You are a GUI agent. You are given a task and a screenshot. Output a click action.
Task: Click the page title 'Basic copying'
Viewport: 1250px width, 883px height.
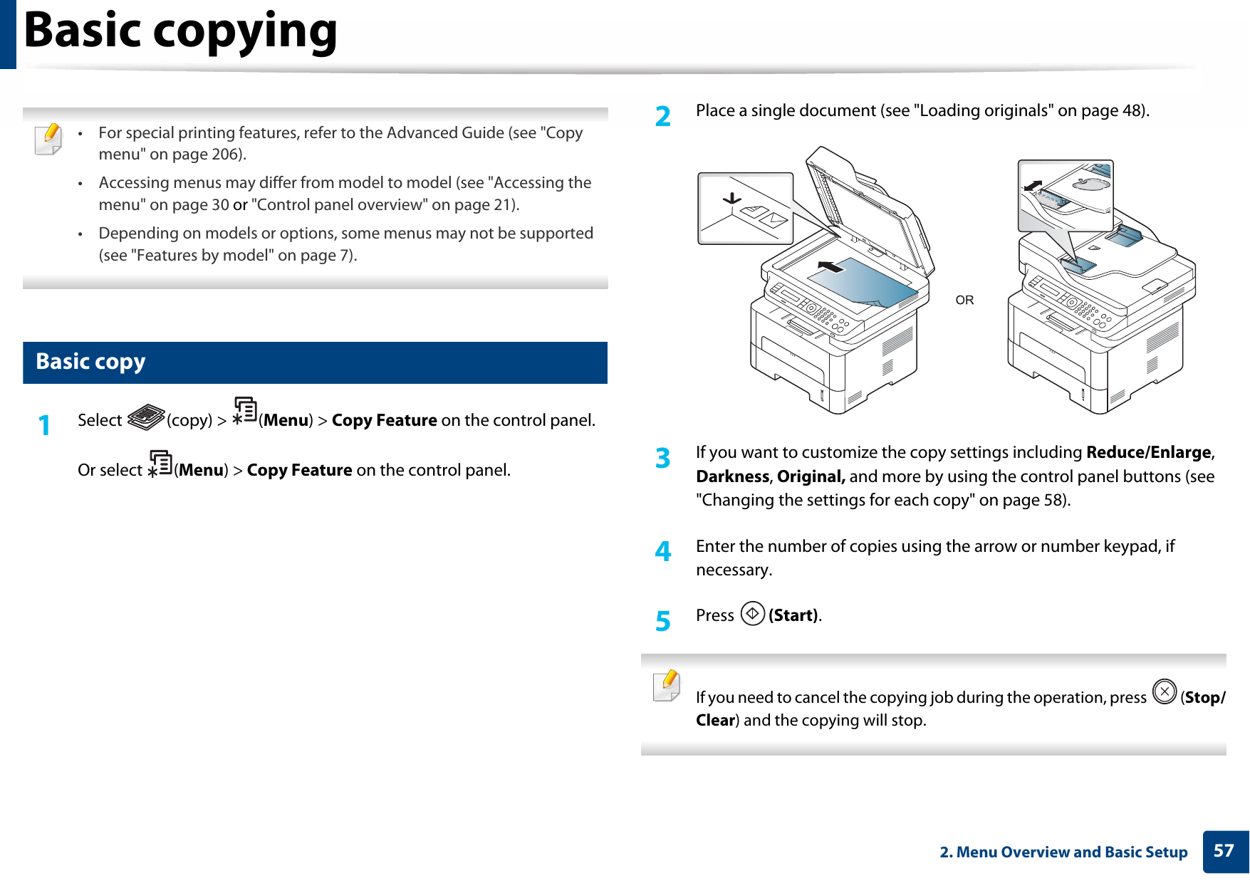180,32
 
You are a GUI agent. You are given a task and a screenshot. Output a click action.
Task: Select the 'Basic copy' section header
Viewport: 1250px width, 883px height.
90,362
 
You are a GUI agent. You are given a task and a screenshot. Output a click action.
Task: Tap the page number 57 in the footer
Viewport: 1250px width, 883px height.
1224,851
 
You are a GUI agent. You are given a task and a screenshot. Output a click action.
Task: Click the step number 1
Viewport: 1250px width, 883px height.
45,426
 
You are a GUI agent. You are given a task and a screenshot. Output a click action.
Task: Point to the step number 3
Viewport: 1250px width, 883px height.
662,459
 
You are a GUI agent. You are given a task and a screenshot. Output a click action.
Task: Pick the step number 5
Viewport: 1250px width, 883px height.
662,622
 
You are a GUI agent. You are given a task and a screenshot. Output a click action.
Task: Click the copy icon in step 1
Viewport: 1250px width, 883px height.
146,417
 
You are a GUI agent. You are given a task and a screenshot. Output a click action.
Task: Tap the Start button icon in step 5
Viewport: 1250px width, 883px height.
752,613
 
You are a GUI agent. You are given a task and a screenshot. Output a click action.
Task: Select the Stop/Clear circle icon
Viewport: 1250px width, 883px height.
1165,691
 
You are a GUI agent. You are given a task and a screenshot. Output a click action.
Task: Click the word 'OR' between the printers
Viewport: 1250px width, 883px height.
964,301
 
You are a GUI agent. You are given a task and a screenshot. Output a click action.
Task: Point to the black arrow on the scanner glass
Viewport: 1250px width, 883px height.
830,267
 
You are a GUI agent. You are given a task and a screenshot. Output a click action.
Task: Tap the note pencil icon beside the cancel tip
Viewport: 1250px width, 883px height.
667,686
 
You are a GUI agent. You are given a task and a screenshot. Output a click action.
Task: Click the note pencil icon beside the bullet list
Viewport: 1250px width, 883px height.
48,138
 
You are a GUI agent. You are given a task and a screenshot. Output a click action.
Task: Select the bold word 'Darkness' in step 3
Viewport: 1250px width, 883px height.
732,476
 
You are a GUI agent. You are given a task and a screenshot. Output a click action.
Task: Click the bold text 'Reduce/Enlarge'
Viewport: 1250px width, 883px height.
1148,452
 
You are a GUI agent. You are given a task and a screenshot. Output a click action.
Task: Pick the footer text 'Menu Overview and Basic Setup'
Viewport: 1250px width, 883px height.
1071,852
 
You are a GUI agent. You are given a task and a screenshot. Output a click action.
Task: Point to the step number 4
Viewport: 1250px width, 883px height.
662,552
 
